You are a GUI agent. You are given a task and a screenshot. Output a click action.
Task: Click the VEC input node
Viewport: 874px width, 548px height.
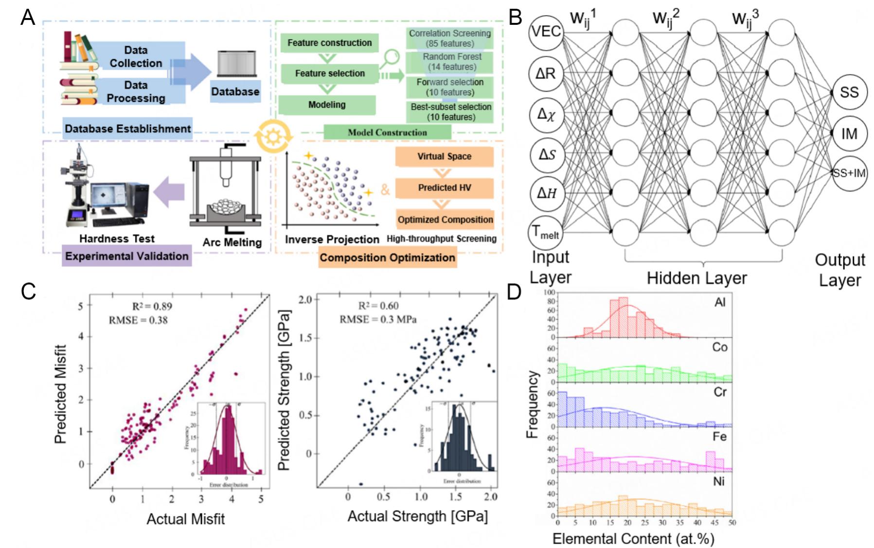click(x=546, y=32)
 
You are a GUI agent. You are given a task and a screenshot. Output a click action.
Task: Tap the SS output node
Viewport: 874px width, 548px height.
click(x=849, y=92)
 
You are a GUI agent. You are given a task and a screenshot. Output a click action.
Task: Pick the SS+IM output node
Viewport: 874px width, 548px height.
click(x=849, y=173)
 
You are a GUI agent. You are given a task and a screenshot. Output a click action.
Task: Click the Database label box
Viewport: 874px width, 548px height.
click(x=235, y=91)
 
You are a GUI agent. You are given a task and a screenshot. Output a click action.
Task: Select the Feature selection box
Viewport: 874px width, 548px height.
click(x=329, y=73)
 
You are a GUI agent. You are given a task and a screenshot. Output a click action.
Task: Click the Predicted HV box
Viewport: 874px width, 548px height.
click(x=444, y=188)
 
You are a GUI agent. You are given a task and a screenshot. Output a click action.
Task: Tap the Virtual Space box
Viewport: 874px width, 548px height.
click(x=444, y=157)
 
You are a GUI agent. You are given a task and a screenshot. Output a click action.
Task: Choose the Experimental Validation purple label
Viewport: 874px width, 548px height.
click(x=126, y=256)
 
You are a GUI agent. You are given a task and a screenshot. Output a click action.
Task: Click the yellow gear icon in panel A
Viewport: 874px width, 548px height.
click(x=273, y=137)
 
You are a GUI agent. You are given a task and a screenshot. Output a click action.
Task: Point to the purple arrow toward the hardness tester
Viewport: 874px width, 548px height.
click(x=169, y=191)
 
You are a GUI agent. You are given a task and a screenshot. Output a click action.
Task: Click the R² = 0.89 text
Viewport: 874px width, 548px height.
click(x=152, y=306)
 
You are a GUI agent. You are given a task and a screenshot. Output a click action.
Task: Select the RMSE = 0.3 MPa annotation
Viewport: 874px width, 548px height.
click(x=377, y=319)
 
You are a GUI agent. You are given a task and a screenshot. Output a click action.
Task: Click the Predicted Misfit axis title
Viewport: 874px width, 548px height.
click(x=60, y=394)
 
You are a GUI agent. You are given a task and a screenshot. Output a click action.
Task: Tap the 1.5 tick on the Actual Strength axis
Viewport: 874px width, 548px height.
click(x=456, y=497)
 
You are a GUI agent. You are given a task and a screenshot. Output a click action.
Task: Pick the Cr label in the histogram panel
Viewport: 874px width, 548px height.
click(x=719, y=392)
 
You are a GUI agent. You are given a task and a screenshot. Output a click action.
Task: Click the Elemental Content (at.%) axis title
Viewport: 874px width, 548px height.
click(x=633, y=539)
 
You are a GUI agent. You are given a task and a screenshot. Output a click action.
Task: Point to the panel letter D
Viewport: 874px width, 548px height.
click(x=514, y=292)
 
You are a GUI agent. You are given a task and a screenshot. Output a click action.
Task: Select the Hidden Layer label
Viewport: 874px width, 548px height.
click(x=696, y=278)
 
